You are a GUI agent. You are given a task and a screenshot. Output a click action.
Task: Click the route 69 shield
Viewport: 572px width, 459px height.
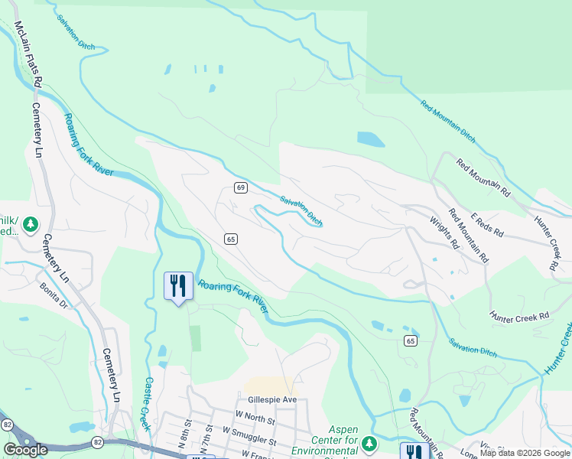(x=239, y=187)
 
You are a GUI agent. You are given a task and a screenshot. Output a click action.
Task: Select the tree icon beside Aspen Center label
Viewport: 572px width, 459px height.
(x=370, y=443)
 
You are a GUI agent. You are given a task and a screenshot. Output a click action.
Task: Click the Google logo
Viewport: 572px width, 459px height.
(x=26, y=450)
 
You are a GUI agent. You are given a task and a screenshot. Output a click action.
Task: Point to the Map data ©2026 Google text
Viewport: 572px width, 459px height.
(x=525, y=453)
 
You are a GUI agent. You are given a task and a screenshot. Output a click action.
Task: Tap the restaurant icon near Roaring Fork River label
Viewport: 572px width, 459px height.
(x=177, y=286)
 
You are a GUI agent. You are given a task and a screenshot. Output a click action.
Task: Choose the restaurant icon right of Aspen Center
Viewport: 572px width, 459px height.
(x=414, y=451)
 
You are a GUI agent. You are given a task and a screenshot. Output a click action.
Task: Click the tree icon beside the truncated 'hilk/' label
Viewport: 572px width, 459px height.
(x=30, y=224)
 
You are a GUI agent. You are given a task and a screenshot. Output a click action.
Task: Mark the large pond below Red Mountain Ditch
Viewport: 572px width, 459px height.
(x=371, y=139)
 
